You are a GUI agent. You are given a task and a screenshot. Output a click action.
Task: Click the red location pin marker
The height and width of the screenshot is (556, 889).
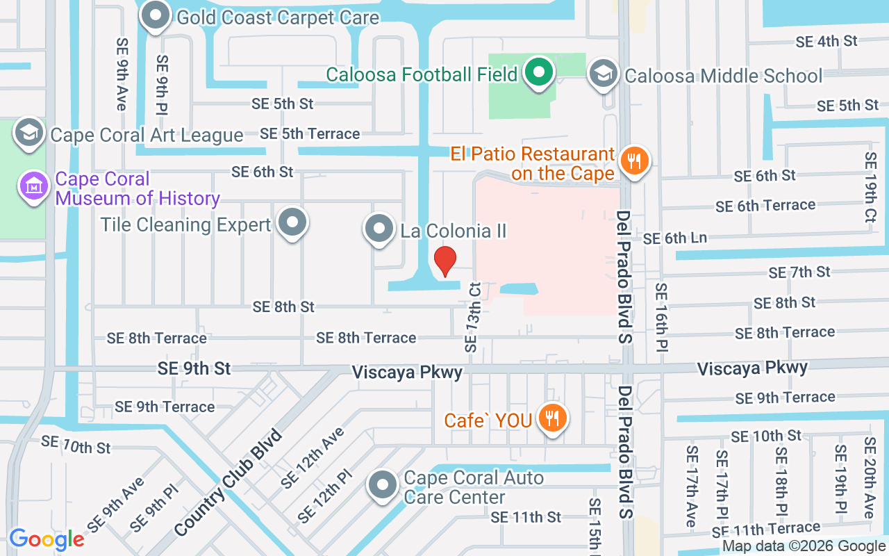coord(445,261)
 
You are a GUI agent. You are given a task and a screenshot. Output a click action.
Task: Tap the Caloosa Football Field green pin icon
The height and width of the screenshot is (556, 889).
coord(538,72)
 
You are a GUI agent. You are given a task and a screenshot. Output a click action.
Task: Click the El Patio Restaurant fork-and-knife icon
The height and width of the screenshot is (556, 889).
coord(633,161)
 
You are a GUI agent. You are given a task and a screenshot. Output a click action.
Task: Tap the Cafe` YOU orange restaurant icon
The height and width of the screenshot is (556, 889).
coord(552,418)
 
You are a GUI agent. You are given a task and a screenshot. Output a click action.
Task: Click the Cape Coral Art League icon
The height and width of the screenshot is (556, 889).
coord(29,133)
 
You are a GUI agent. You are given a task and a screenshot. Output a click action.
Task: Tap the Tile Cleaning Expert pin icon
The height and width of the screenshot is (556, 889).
coord(292,222)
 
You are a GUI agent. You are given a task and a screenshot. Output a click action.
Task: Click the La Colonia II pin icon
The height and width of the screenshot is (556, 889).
coord(380,229)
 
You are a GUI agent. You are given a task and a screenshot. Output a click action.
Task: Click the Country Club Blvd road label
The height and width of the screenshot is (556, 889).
coord(229,482)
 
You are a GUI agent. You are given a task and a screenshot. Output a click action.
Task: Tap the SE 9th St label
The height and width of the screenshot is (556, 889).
coord(194,368)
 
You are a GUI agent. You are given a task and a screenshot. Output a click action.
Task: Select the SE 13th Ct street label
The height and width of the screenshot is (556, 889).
coord(474,316)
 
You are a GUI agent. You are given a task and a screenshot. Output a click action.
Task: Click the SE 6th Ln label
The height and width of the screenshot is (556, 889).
coord(674,238)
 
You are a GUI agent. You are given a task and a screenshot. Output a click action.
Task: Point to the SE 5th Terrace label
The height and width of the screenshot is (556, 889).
coord(310,133)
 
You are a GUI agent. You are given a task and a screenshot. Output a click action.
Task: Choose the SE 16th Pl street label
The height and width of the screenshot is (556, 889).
coord(661,316)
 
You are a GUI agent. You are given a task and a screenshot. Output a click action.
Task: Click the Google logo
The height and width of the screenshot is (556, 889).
coord(47,539)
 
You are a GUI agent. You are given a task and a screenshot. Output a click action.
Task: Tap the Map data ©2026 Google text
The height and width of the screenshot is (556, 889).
coord(804,546)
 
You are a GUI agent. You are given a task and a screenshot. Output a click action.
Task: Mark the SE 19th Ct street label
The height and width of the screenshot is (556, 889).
coord(871,187)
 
